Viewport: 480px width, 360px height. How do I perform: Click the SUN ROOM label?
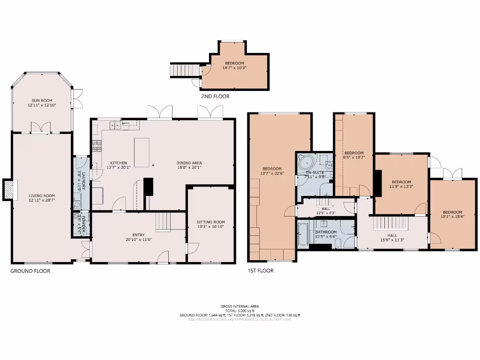[x=42, y=100]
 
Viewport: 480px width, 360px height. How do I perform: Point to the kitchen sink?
[x=114, y=125]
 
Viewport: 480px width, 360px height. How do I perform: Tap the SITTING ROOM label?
[x=210, y=222]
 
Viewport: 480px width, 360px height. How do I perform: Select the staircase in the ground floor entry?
[x=163, y=221]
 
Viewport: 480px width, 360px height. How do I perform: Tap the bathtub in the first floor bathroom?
[x=302, y=234]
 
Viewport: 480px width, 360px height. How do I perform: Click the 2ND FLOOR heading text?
[x=215, y=96]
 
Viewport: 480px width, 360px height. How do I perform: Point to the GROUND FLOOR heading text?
[x=30, y=271]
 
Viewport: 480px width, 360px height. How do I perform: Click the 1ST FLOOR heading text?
[x=261, y=270]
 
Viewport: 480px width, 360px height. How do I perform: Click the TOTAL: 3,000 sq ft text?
[x=240, y=311]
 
